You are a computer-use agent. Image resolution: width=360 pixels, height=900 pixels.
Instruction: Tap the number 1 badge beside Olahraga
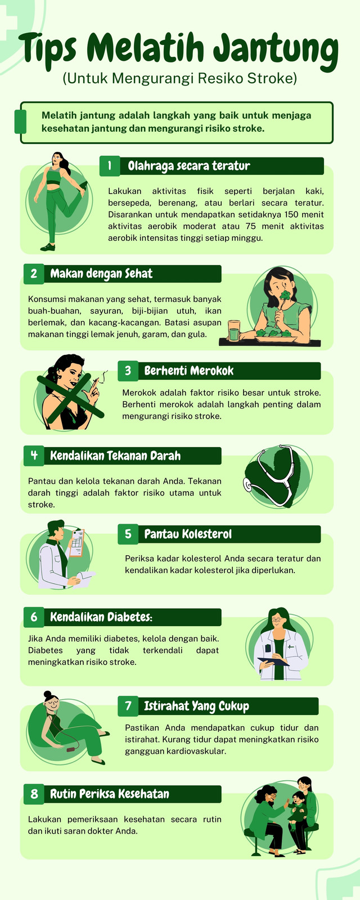coord(110,166)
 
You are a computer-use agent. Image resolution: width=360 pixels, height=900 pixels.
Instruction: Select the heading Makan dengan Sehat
coord(101,273)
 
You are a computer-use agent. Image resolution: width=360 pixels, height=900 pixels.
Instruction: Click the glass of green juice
coord(234,330)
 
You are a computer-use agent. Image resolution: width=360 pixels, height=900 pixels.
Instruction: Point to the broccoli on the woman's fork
coord(285,295)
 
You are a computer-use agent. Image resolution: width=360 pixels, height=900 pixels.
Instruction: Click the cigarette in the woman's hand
coord(96,380)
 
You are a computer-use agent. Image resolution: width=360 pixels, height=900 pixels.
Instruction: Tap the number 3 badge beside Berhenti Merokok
coord(128,371)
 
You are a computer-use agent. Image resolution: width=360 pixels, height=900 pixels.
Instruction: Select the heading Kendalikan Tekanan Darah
coord(115,456)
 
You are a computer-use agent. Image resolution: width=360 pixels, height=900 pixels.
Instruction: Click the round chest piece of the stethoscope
coord(248,484)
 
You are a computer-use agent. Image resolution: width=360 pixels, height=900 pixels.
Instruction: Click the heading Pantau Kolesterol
coord(188,534)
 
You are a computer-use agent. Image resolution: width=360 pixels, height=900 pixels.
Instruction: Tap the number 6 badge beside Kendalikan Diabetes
coord(34,616)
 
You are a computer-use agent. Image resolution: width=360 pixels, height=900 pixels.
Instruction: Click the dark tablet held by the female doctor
coord(273,661)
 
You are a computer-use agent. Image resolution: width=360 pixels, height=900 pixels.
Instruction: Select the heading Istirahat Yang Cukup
coord(196,706)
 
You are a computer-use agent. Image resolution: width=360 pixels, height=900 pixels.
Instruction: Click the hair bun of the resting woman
coord(47,694)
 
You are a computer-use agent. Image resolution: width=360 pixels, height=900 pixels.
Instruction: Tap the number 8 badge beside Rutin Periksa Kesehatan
coord(34,794)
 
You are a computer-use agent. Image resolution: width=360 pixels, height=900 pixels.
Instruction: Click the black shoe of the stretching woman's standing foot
coord(48,247)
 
